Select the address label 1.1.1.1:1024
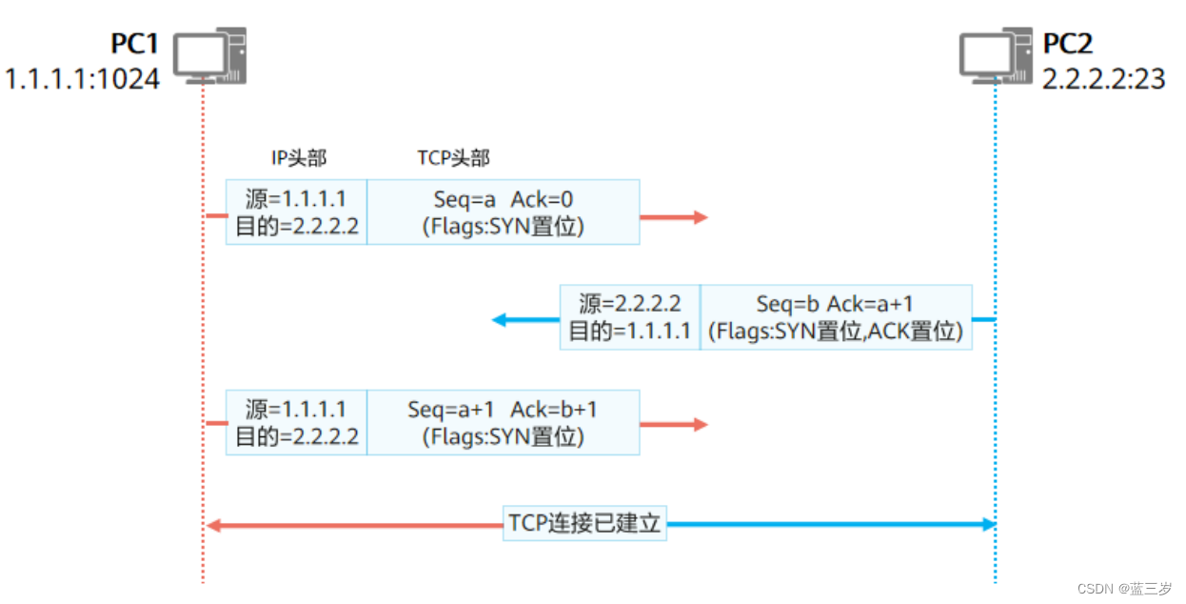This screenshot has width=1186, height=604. (x=82, y=78)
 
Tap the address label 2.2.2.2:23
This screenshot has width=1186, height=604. (x=1104, y=78)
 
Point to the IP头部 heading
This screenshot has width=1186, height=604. (x=299, y=158)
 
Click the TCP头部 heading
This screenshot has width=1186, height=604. (x=453, y=158)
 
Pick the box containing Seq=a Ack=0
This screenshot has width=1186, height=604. (x=503, y=211)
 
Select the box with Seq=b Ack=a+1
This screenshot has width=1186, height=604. (x=836, y=317)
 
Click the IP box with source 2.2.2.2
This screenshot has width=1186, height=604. (x=629, y=317)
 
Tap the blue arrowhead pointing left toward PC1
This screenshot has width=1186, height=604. (x=500, y=319)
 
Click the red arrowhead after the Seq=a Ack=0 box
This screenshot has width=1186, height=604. (x=701, y=217)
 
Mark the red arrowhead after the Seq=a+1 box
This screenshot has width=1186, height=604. (x=701, y=424)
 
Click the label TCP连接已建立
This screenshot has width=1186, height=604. (x=584, y=524)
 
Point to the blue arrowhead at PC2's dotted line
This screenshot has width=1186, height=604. (x=987, y=524)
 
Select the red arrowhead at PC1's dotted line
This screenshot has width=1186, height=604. (x=214, y=524)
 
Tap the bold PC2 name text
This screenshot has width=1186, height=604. (x=1069, y=45)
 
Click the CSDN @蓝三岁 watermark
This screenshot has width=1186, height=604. (x=1131, y=589)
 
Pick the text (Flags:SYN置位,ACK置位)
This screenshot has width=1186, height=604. (x=836, y=332)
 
